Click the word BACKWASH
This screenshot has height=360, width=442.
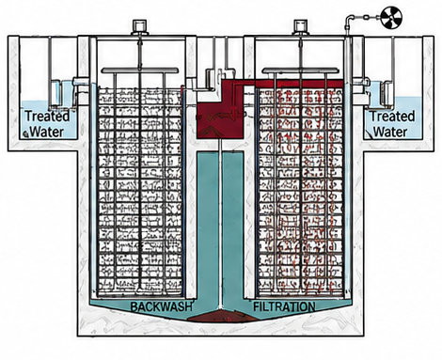[x=161, y=306]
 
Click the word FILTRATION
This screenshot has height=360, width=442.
[x=284, y=306]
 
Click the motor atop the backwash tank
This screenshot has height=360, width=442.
[x=139, y=27]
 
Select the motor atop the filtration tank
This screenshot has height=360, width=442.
[x=300, y=27]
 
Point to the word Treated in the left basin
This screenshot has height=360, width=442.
[x=47, y=116]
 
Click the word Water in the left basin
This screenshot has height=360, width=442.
[x=47, y=132]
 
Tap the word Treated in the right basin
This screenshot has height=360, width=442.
[x=393, y=116]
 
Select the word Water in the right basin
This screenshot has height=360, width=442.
[x=390, y=132]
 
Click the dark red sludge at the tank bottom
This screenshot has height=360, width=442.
[x=220, y=316]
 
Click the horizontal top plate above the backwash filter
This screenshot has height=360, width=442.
[x=140, y=70]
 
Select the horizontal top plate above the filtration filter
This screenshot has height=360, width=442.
[x=301, y=70]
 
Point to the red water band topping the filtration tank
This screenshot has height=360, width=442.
[x=299, y=84]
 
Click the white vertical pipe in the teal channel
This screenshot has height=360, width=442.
[x=220, y=224]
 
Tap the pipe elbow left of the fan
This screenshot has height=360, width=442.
[x=349, y=19]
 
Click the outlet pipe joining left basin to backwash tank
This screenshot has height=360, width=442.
[x=82, y=86]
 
